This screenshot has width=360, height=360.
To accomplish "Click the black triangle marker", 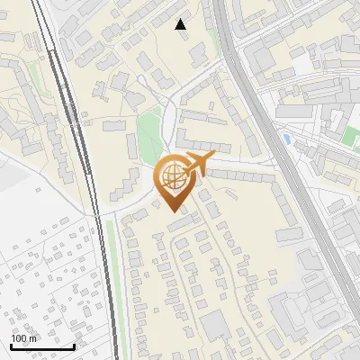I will pyautogui.click(x=181, y=24).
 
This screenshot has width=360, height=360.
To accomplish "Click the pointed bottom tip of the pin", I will pyautogui.click(x=171, y=209).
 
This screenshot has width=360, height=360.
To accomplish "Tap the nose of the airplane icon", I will pyautogui.click(x=214, y=157).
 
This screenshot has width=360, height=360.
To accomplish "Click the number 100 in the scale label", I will pyautogui.click(x=18, y=338).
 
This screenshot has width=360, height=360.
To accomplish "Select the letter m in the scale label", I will pyautogui.click(x=32, y=338).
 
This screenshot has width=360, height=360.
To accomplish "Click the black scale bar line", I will pyautogui.click(x=42, y=346).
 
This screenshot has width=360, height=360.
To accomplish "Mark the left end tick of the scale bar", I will pyautogui.click(x=11, y=345).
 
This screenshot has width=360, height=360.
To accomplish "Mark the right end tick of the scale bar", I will pyautogui.click(x=74, y=345).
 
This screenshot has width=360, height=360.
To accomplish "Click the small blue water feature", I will pyautogui.click(x=286, y=139).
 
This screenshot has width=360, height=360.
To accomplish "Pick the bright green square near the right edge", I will pyautogui.click(x=350, y=136).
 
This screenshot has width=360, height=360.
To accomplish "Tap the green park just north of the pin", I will pyautogui.click(x=151, y=135).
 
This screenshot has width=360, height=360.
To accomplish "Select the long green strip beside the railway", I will pyautogui.click(x=112, y=279).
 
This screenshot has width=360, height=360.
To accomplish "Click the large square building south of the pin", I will pyautogui.click(x=214, y=325).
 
